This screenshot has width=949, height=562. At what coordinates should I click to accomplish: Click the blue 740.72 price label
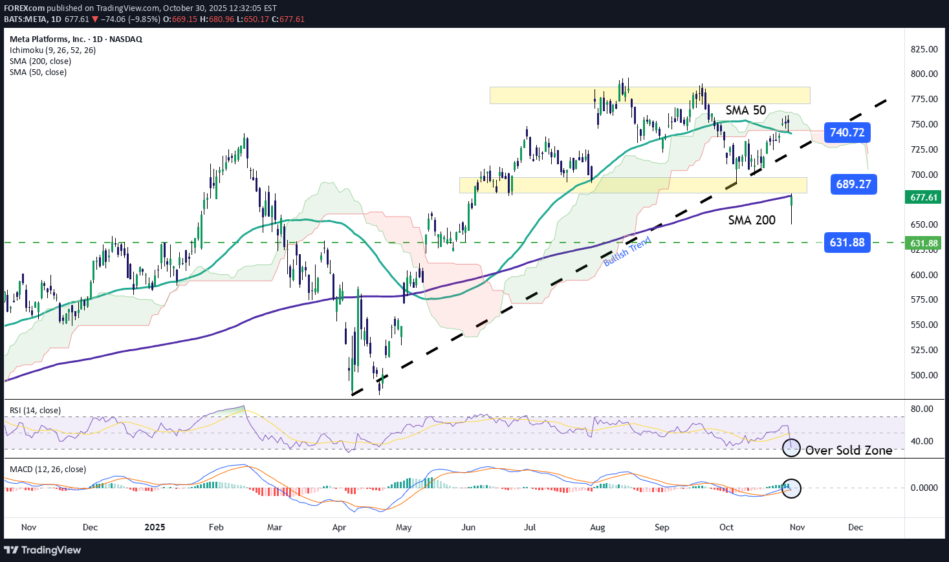(x=847, y=133)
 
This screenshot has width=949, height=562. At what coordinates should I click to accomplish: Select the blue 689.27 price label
(x=853, y=184)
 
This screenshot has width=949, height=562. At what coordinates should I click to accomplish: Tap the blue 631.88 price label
(x=847, y=243)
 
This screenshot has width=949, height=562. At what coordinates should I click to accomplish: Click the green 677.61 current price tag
(x=924, y=197)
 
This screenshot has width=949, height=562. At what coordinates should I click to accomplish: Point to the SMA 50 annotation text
(x=745, y=111)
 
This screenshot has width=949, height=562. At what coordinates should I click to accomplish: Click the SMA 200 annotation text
(x=751, y=221)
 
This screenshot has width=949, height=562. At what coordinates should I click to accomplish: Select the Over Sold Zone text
(x=848, y=450)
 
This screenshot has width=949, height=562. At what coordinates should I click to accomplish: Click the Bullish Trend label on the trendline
(x=627, y=252)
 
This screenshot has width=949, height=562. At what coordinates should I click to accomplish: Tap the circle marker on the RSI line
(x=791, y=448)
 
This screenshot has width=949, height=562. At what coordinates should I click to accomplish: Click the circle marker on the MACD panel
(x=792, y=488)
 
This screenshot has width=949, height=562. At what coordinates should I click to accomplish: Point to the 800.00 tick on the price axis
(x=924, y=74)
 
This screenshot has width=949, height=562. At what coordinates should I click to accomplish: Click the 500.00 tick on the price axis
(x=924, y=375)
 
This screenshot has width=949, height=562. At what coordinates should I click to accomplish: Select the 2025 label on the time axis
(x=155, y=527)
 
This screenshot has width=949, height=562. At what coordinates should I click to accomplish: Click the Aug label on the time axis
(x=597, y=527)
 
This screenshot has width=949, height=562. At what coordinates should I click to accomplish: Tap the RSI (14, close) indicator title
(x=35, y=411)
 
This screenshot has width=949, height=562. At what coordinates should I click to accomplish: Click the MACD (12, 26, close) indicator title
(x=47, y=470)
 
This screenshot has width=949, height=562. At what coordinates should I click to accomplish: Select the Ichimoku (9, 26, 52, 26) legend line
(x=52, y=50)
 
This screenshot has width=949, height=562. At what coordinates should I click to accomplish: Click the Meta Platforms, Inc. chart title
(x=76, y=39)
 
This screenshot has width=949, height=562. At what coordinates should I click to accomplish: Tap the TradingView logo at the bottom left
(x=43, y=550)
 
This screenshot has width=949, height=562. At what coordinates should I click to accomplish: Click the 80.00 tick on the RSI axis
(x=922, y=409)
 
